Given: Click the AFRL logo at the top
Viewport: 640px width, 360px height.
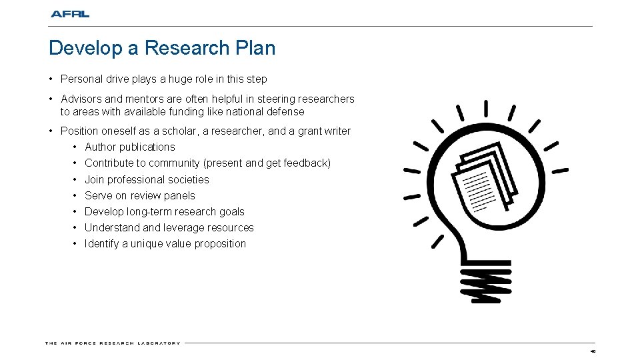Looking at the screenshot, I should [x=69, y=13].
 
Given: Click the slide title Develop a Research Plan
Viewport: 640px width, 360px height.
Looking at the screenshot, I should [x=162, y=48].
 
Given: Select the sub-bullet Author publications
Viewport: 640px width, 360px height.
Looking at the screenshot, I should [x=130, y=147].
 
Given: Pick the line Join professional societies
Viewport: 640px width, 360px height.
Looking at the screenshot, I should [x=147, y=179].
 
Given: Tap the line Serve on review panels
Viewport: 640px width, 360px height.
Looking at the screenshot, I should [x=140, y=195].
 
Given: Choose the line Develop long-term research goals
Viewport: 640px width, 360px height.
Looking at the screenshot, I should [x=165, y=211].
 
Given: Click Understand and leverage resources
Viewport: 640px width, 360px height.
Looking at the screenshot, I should [x=169, y=228].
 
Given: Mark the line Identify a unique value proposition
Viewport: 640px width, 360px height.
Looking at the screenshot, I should [x=165, y=244].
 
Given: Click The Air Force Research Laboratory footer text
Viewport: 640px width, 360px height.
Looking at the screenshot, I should [x=113, y=343].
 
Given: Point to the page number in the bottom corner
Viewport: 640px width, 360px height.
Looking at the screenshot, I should [x=591, y=351].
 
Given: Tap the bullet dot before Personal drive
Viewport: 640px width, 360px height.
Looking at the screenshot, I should [x=51, y=79].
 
